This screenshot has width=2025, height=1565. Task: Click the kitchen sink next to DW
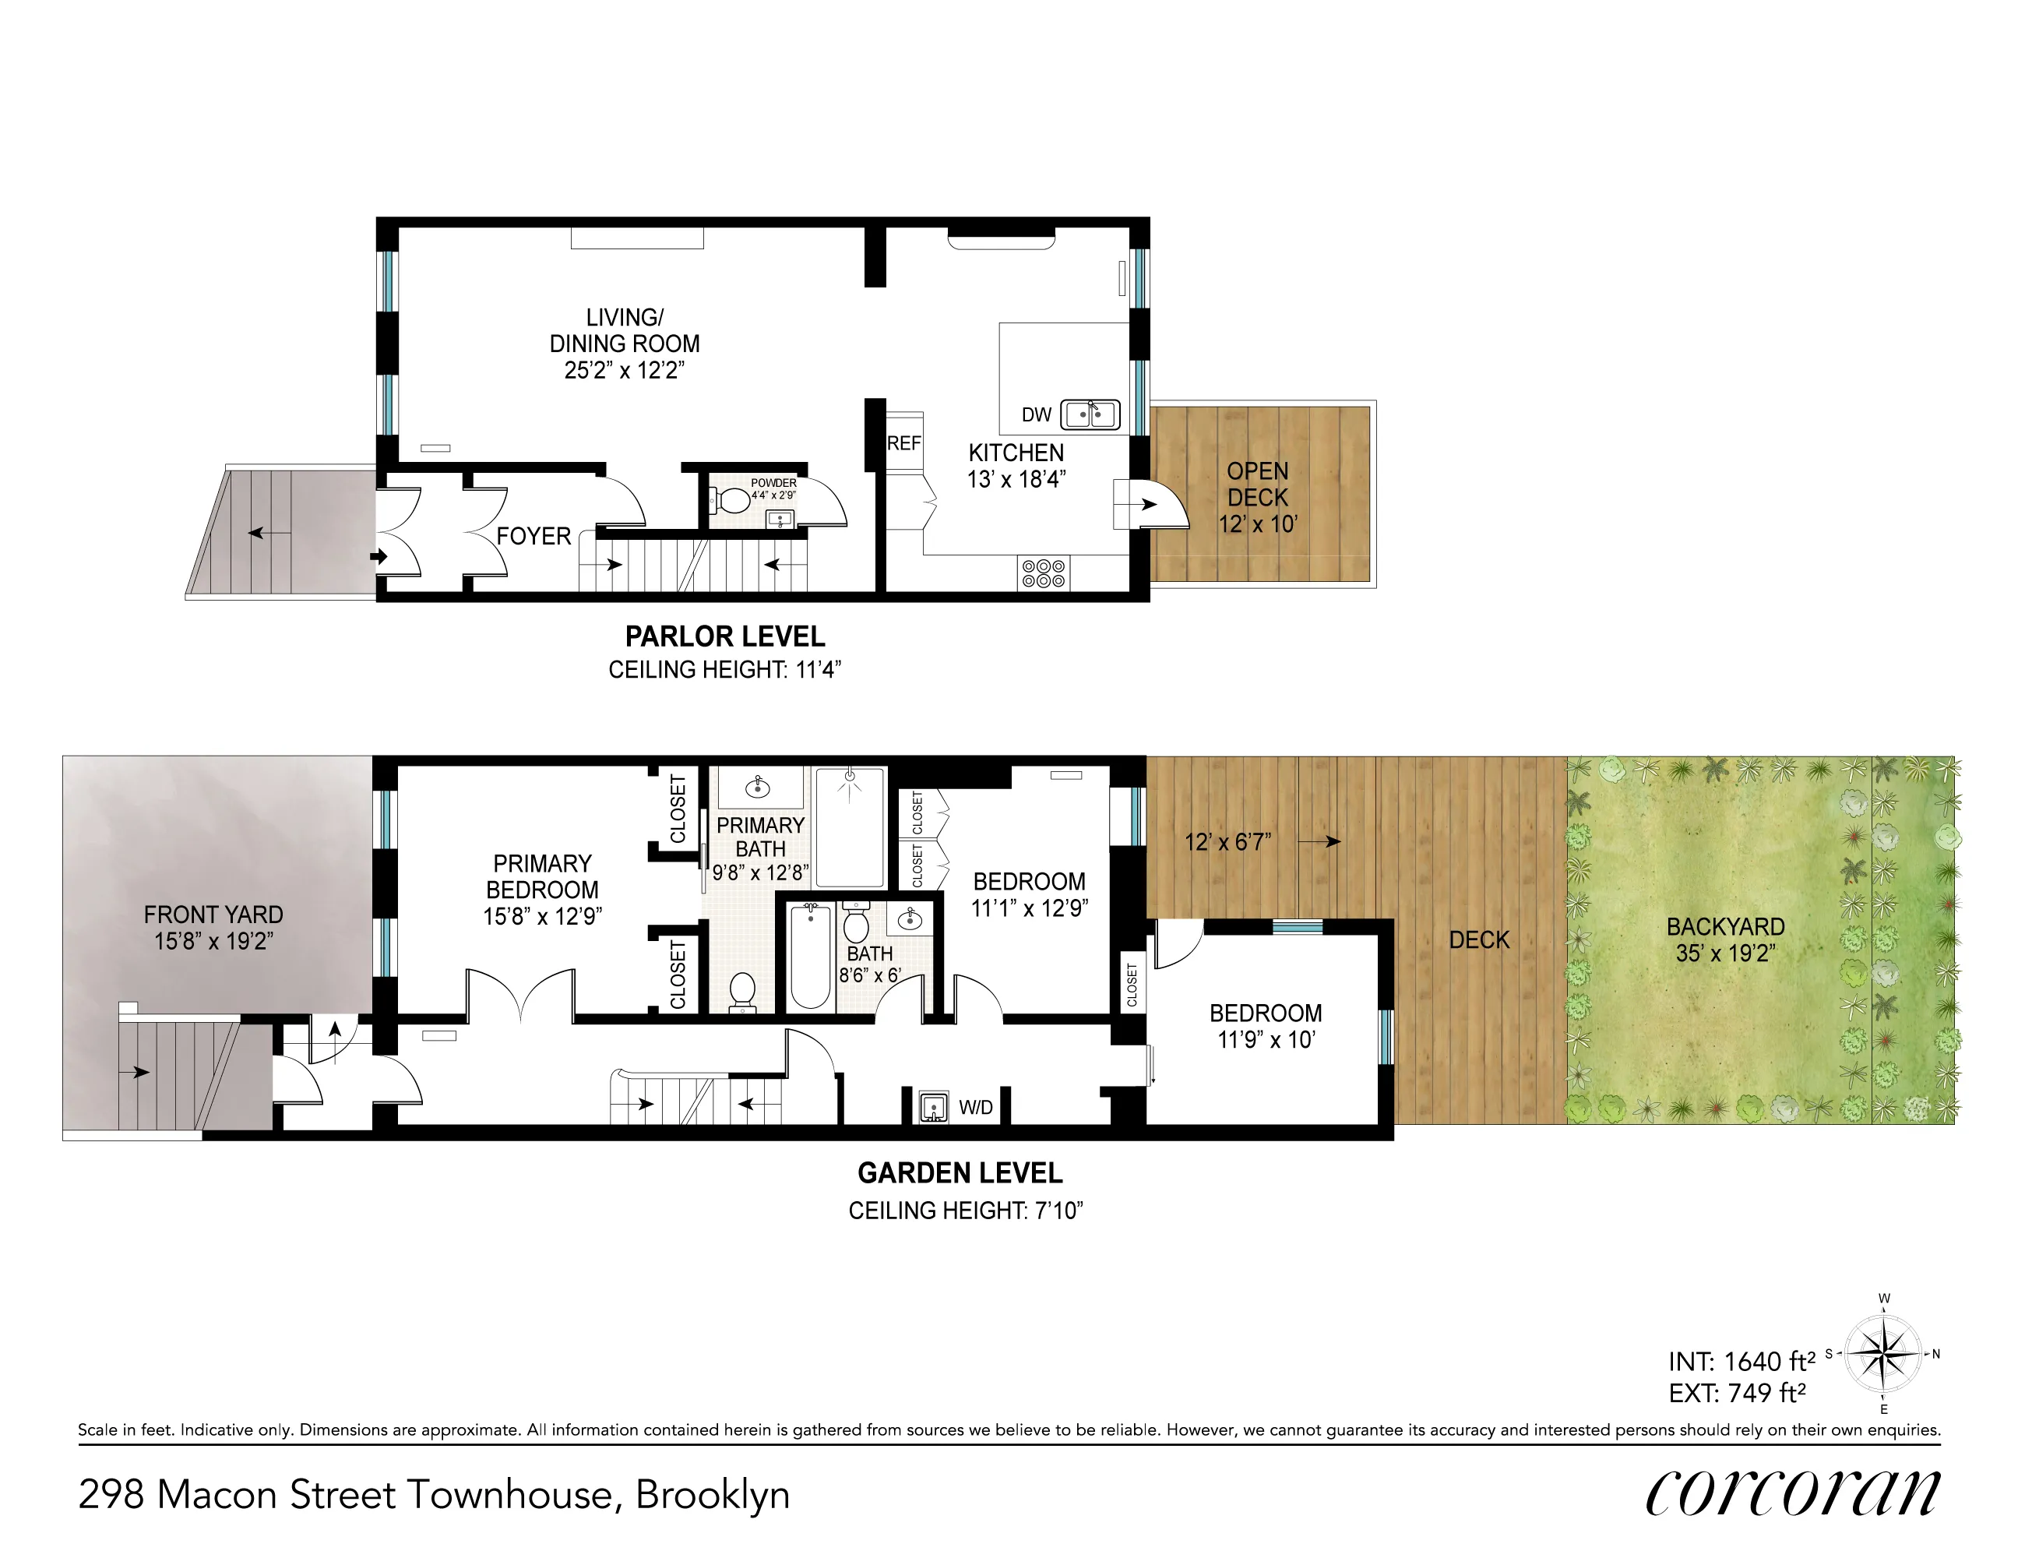(1090, 414)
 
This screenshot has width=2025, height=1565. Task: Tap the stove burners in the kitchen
(1043, 573)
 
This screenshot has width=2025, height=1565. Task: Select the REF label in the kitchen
(904, 443)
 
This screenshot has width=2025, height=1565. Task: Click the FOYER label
(534, 536)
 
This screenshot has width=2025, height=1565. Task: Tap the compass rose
(1883, 1355)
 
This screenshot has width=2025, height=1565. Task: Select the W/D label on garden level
(975, 1108)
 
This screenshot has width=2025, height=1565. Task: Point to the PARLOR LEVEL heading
(724, 637)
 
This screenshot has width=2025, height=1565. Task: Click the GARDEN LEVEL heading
(960, 1174)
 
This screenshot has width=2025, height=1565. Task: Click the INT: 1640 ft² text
(1741, 1362)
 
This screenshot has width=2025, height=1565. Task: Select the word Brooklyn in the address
(712, 1496)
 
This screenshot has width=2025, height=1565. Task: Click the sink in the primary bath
(759, 787)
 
